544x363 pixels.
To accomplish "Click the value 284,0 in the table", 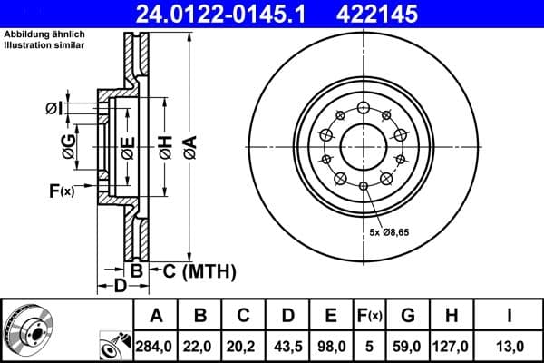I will pyautogui.click(x=156, y=346).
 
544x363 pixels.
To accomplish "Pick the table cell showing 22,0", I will pyautogui.click(x=200, y=346).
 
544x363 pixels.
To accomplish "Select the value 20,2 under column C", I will pyautogui.click(x=244, y=346).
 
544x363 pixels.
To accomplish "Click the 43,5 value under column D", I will pyautogui.click(x=287, y=346).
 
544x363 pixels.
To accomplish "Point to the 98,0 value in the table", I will pyautogui.click(x=332, y=346).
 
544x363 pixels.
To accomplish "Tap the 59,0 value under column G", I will pyautogui.click(x=408, y=346).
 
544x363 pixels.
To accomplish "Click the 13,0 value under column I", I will pyautogui.click(x=510, y=346).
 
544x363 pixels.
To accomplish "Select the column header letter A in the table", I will pyautogui.click(x=156, y=316).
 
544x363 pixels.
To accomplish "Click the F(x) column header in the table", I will pyautogui.click(x=368, y=316).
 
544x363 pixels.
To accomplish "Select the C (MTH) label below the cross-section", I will pyautogui.click(x=198, y=270).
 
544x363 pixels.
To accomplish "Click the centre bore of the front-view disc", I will pyautogui.click(x=363, y=146).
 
